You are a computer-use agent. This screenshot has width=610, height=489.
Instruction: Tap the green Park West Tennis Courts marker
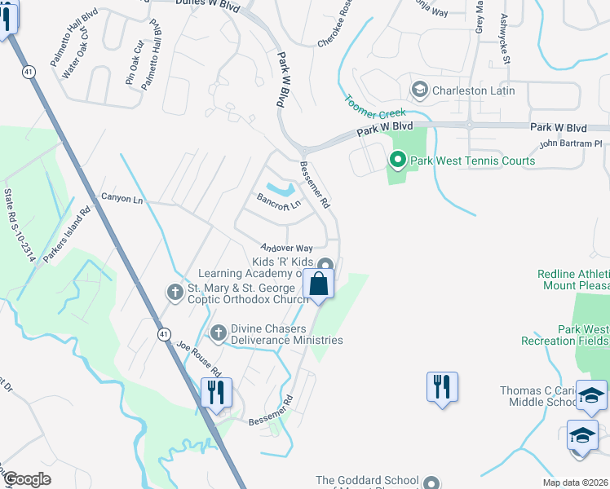398,161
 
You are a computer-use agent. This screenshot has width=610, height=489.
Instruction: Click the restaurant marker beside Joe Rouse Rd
216,393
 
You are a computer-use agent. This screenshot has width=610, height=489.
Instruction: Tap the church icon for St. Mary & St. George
174,291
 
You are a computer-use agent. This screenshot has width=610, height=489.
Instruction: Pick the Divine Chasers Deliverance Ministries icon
218,333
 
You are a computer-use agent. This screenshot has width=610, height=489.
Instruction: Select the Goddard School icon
431,482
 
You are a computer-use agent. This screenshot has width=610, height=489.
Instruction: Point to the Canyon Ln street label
122,199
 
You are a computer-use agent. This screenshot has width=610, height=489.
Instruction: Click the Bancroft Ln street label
279,199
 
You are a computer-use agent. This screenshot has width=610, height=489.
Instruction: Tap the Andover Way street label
287,248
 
